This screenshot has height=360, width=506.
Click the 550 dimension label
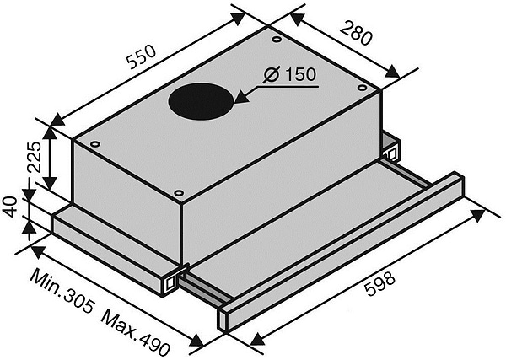coord(142,57)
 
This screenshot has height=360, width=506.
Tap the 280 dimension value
coord(356,33)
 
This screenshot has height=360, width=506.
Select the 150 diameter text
coord(300,74)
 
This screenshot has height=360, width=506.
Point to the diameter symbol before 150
coord(271,75)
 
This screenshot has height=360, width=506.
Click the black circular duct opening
coord(201,101)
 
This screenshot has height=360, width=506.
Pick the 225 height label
coord(35,158)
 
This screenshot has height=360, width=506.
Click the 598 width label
coord(379,283)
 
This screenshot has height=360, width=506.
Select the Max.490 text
coord(135,333)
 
